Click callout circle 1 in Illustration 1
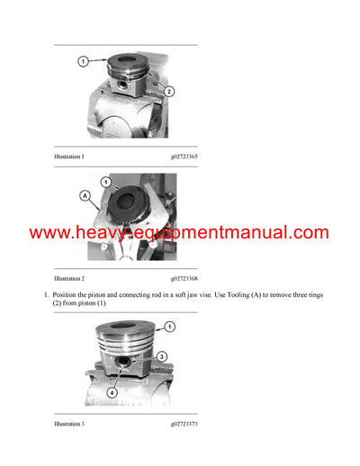click(x=83, y=61)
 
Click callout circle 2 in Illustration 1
click(x=168, y=92)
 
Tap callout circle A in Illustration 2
click(x=85, y=193)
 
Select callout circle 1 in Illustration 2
click(x=104, y=183)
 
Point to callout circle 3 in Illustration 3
click(x=162, y=356)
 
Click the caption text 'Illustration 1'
click(x=69, y=157)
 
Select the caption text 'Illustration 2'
click(x=69, y=280)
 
